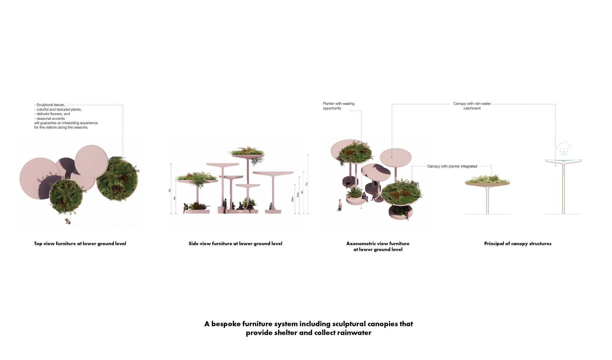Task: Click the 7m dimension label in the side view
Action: tap(307, 184)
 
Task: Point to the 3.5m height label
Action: tap(293, 199)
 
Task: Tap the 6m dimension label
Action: tap(170, 190)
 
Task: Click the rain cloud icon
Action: tap(563, 146)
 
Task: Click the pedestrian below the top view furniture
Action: tap(68, 221)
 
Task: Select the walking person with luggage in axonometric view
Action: tap(340, 205)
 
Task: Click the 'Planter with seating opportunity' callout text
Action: tap(338, 106)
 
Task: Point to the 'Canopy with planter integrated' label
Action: tap(452, 166)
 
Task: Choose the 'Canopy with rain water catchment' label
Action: tap(472, 106)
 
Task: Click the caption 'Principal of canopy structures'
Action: tap(517, 244)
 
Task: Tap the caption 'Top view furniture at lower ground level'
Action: tap(80, 244)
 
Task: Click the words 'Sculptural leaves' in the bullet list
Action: tap(51, 105)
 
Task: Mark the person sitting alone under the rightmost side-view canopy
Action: tap(271, 206)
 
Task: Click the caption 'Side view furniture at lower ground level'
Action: tap(235, 244)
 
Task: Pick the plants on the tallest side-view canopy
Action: tap(247, 151)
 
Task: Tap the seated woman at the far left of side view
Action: tap(185, 208)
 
